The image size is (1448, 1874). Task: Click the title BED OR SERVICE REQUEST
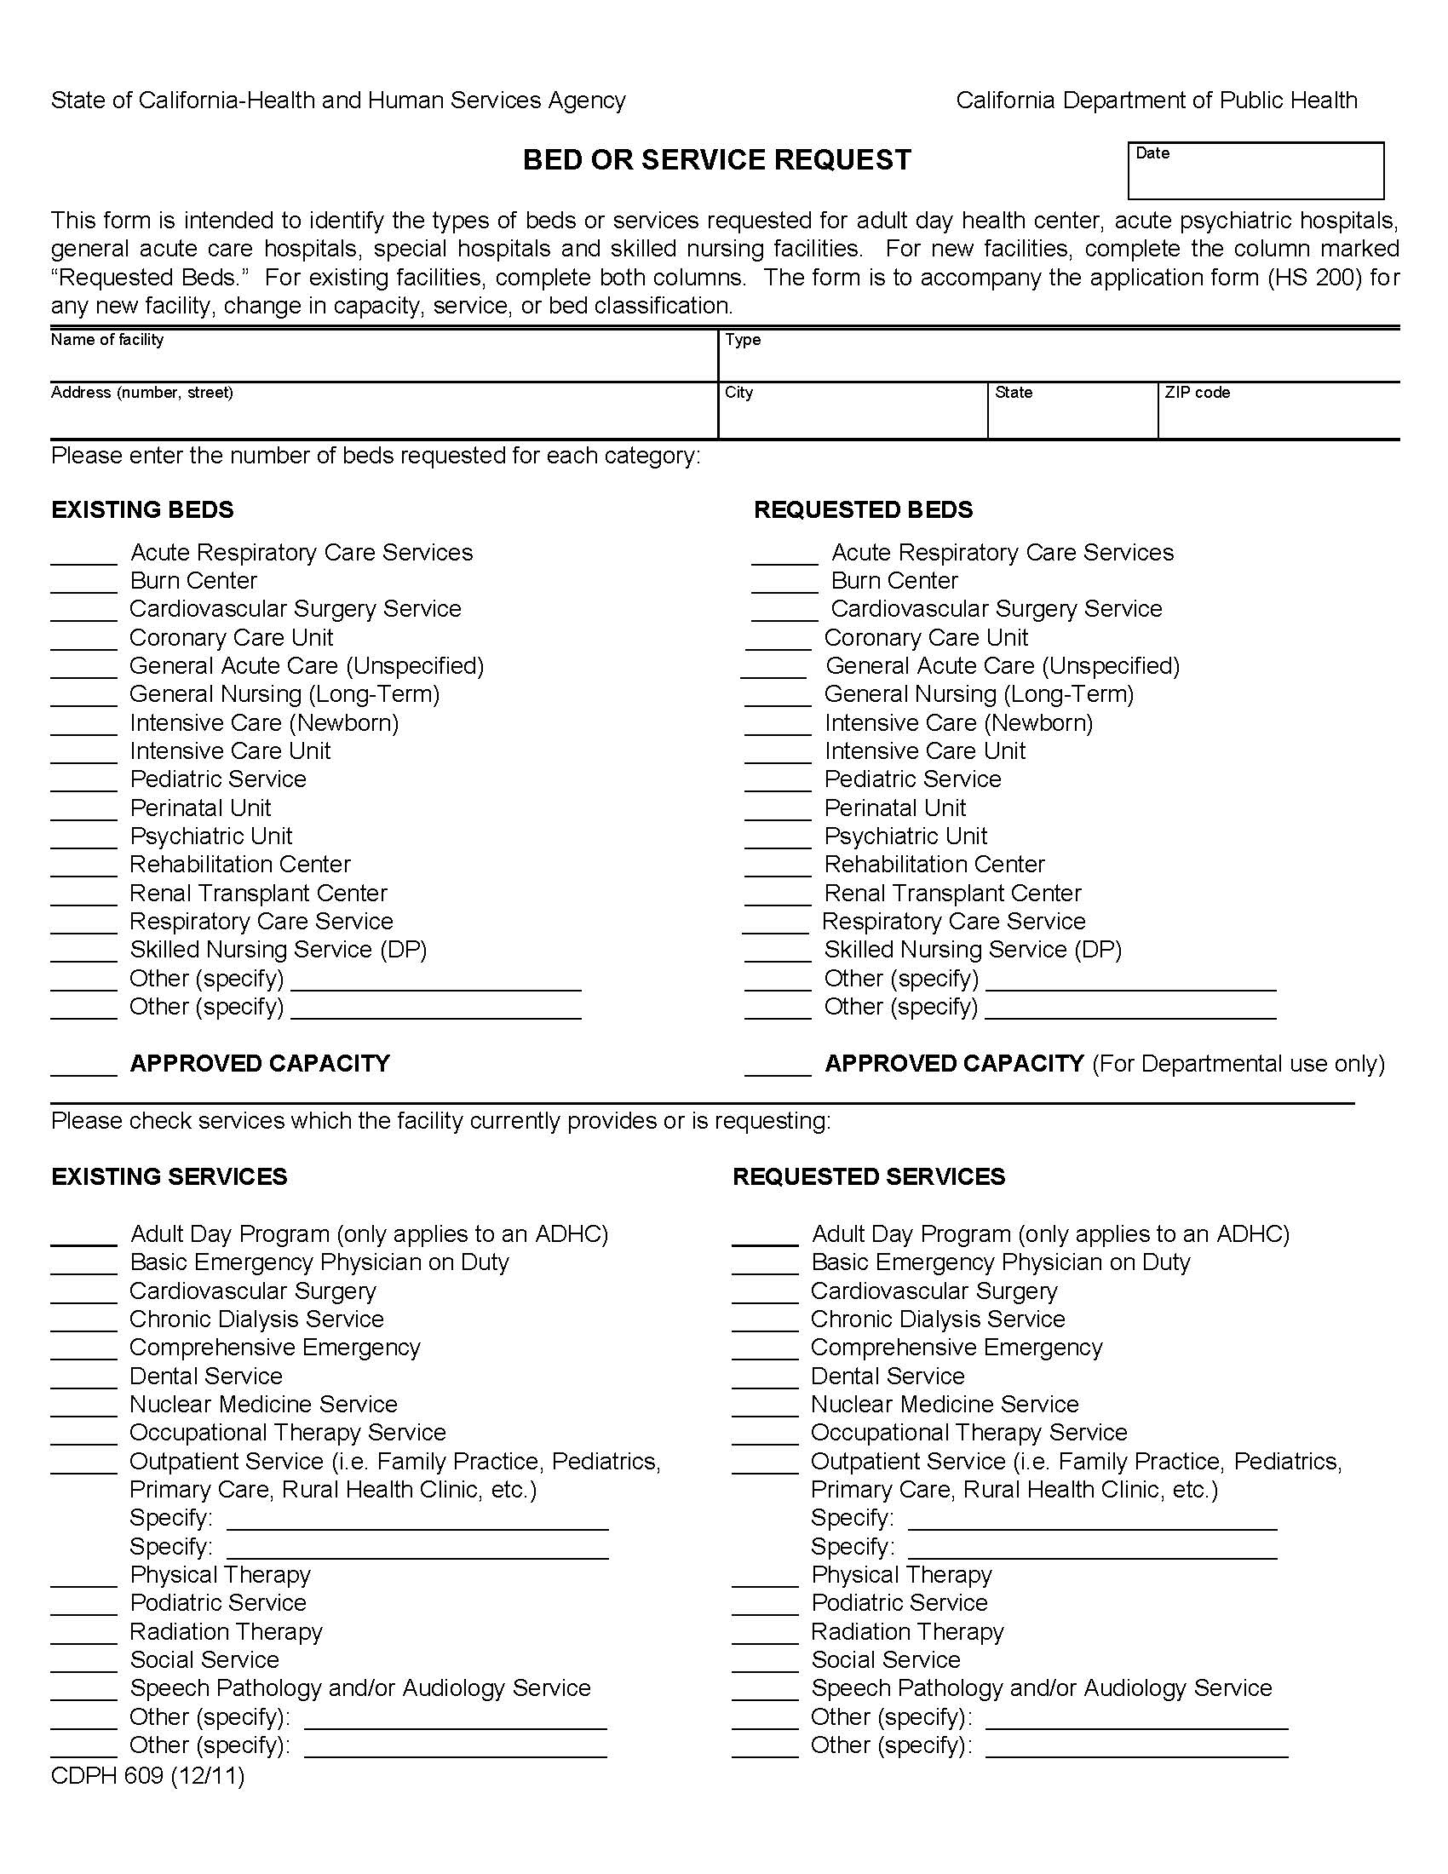(716, 160)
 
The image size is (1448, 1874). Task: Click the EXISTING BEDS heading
(142, 509)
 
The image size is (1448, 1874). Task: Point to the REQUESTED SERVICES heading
(868, 1176)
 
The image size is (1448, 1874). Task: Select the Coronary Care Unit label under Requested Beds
(926, 637)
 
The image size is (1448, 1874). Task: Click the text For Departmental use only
(1238, 1064)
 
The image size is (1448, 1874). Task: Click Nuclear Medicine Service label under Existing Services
(263, 1405)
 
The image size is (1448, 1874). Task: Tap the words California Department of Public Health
(1157, 101)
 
